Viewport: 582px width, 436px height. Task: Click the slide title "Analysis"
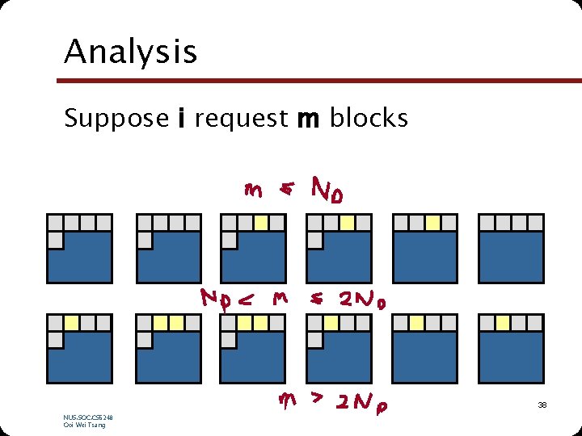[x=130, y=52]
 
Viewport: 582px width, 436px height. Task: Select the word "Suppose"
[x=116, y=119]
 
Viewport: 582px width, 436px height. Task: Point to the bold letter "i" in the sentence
[x=183, y=118]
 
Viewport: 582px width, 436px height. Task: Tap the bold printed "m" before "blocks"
[x=308, y=119]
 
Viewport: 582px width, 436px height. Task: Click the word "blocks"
[x=369, y=118]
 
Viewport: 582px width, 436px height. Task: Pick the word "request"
[x=241, y=119]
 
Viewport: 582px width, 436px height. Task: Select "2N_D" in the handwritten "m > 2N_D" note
[x=362, y=401]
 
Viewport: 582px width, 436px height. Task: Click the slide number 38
[x=542, y=404]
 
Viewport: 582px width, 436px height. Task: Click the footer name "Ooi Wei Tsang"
[x=84, y=425]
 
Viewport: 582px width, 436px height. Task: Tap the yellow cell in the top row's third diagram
[x=261, y=223]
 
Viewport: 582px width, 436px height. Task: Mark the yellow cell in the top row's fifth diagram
[x=432, y=223]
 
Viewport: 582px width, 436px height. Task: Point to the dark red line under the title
[x=319, y=80]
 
